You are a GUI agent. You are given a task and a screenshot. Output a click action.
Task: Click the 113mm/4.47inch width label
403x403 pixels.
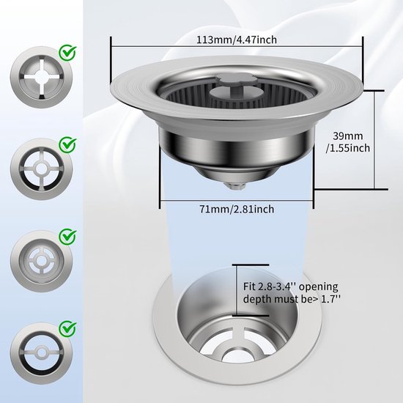[x=237, y=40]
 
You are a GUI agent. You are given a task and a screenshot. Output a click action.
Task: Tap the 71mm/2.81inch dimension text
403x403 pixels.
[x=237, y=209]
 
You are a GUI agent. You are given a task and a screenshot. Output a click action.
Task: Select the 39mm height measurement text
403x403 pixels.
[x=348, y=136]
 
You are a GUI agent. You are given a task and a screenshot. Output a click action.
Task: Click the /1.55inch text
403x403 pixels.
[x=348, y=148]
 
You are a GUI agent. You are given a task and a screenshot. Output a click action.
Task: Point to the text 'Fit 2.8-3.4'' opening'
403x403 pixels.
[x=290, y=286]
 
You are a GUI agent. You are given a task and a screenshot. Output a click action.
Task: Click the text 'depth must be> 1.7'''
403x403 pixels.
[x=292, y=299]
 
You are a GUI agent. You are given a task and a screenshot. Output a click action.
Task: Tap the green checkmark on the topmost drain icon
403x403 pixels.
[x=67, y=53]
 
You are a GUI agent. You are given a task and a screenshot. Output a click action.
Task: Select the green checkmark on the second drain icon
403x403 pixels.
[x=67, y=144]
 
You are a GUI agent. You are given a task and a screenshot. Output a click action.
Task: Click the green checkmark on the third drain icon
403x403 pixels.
[x=67, y=237]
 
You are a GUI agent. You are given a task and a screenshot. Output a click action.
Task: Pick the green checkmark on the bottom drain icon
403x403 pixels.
[x=67, y=328]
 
